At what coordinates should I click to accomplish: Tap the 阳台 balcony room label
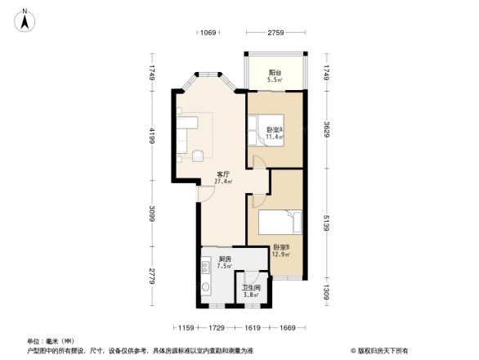[x=275, y=73]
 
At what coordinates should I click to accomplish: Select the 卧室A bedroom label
[x=275, y=130]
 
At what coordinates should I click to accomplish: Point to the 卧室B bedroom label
[x=280, y=247]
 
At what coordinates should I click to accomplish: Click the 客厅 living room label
[x=222, y=173]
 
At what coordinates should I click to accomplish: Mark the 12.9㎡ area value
[x=280, y=254]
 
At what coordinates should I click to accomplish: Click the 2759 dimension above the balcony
[x=275, y=33]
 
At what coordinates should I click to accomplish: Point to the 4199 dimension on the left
[x=151, y=136]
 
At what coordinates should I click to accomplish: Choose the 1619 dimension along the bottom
[x=252, y=327]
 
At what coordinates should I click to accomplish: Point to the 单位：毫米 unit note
[x=51, y=341]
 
